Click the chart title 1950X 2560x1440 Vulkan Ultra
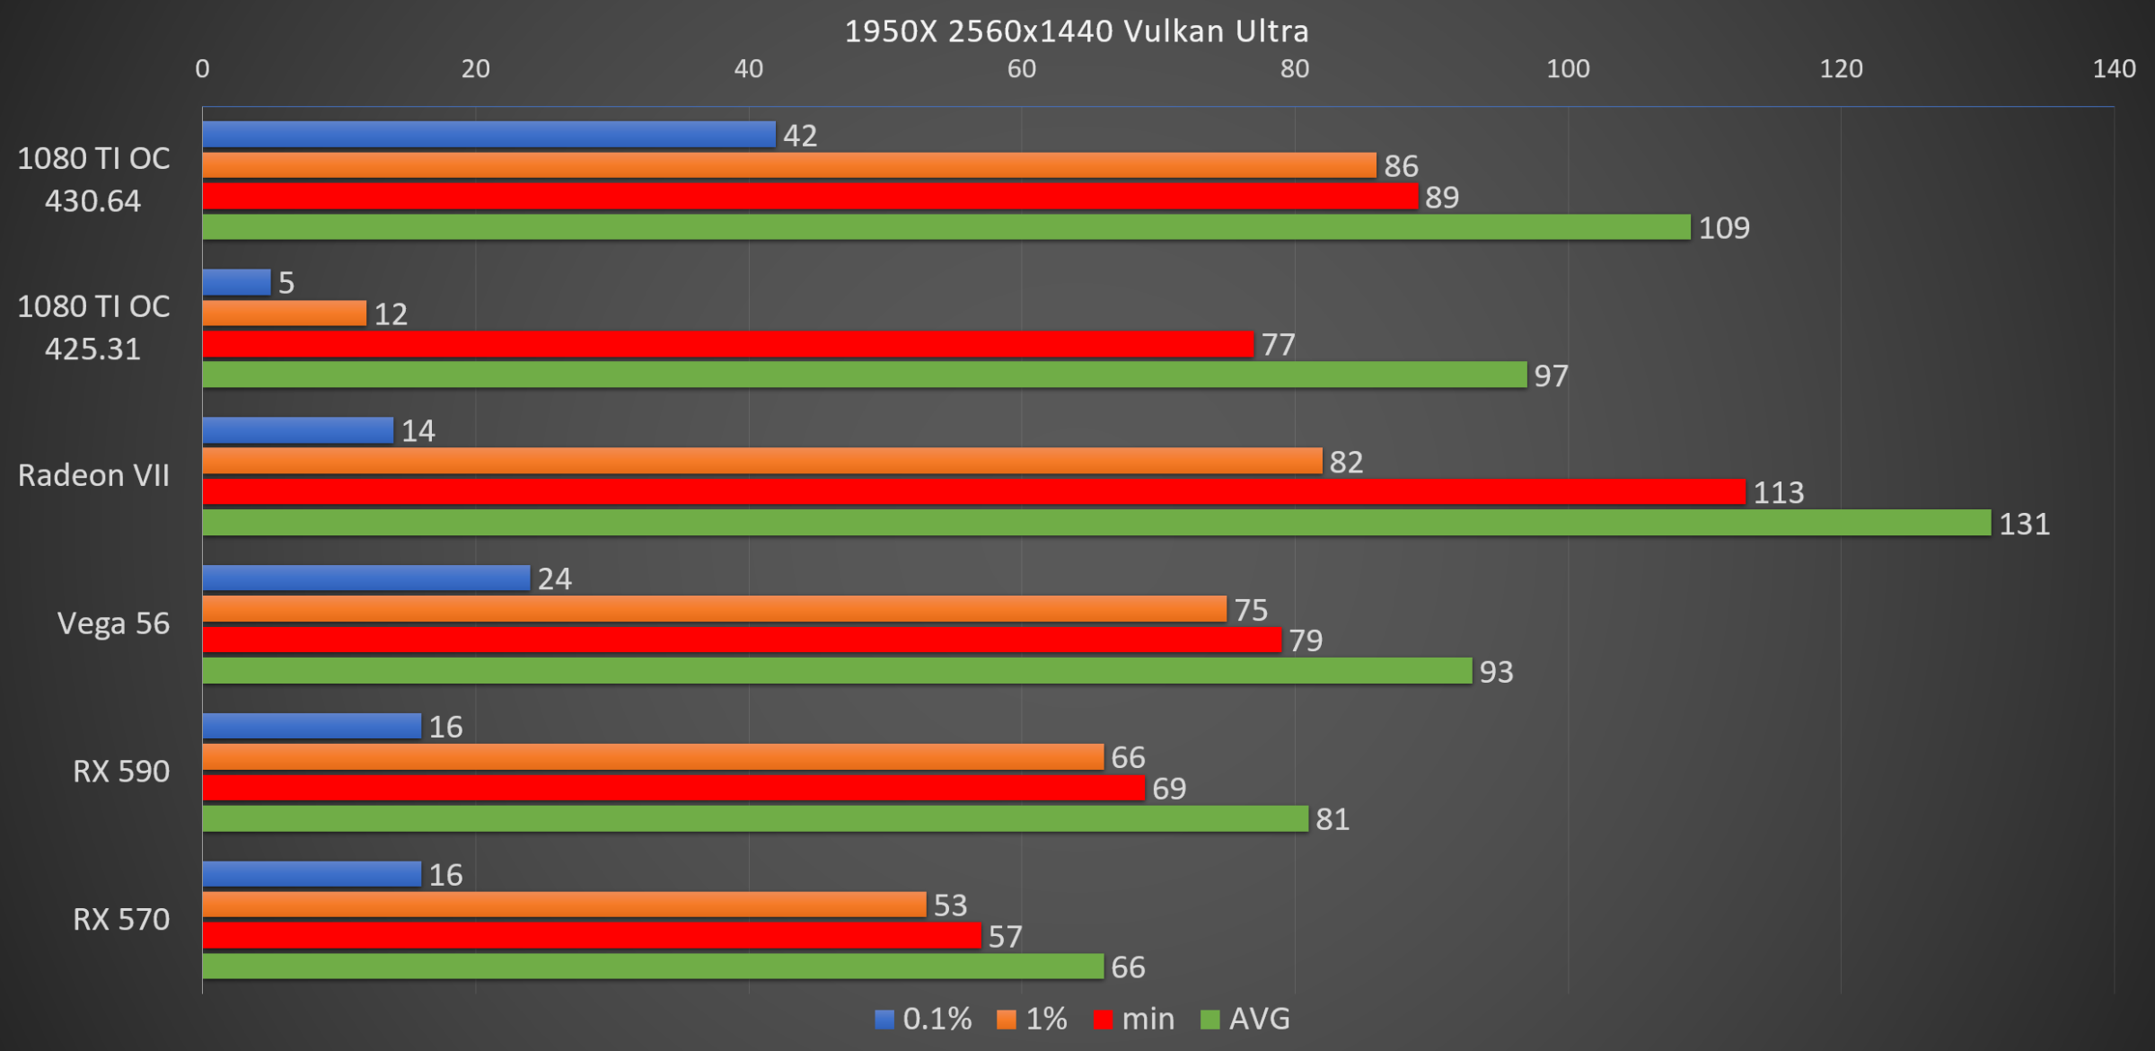click(1077, 31)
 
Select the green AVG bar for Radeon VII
click(1095, 523)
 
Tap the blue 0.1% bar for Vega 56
click(366, 578)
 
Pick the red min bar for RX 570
click(592, 936)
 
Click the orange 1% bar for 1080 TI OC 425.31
click(285, 314)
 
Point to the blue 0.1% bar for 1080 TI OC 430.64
click(488, 135)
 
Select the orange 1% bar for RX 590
click(653, 757)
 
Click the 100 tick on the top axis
click(1568, 69)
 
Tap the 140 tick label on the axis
click(2114, 69)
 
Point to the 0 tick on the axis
click(203, 69)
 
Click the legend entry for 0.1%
click(924, 1019)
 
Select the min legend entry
click(1135, 1019)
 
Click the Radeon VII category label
click(94, 475)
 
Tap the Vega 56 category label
click(113, 623)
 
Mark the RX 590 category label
click(121, 772)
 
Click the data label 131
click(2024, 524)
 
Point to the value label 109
click(1724, 228)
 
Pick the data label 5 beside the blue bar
click(286, 283)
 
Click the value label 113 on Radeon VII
click(1779, 492)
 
